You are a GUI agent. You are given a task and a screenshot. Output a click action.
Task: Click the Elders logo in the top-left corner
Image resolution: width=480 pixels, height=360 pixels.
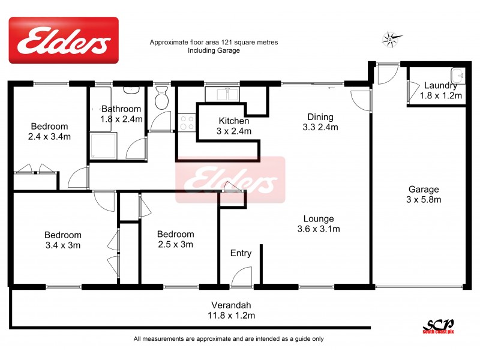[x=63, y=40]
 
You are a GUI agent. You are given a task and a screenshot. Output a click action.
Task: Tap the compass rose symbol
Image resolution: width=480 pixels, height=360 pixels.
[x=391, y=40]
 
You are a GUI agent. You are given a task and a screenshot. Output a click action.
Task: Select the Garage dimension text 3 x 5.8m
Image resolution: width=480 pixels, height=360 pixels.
[x=424, y=199]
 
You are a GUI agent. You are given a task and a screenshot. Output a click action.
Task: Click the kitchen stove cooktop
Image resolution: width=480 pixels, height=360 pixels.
[x=187, y=122]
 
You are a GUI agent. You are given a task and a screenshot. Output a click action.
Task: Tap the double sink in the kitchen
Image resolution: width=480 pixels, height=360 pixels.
[x=223, y=95]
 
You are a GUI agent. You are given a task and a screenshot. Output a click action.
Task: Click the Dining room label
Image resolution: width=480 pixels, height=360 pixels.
[x=320, y=117]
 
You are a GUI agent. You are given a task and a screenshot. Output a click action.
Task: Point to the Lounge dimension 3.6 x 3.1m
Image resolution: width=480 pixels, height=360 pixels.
[x=319, y=229]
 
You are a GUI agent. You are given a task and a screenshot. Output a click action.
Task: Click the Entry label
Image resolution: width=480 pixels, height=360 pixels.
[x=241, y=253]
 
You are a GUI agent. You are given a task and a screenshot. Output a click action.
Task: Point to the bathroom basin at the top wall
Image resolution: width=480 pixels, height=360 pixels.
[x=131, y=90]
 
